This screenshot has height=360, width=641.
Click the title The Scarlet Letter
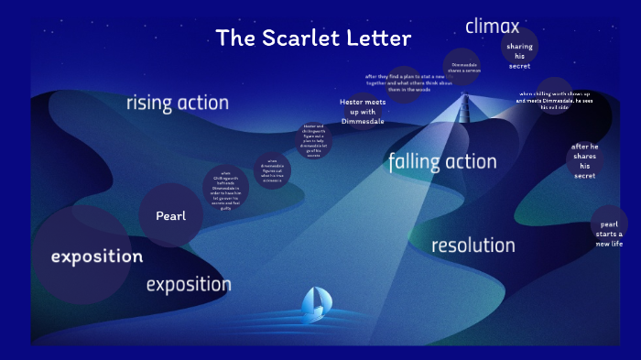[x=313, y=38]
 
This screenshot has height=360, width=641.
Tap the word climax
[x=492, y=26]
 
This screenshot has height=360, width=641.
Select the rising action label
[x=177, y=103]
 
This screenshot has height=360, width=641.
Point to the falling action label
[x=442, y=162]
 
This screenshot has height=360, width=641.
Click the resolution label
[x=473, y=245]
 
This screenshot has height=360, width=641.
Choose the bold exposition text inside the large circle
[x=97, y=256]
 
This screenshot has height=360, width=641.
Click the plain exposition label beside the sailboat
[x=189, y=284]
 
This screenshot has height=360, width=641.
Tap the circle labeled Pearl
[x=170, y=216]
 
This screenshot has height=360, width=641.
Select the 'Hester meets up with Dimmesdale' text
[x=361, y=111]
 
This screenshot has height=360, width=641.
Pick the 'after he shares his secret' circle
[x=584, y=160]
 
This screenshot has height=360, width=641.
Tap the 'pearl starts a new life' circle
[x=609, y=234]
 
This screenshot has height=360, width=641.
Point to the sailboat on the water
[x=317, y=301]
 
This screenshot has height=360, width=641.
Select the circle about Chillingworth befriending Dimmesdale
[x=225, y=188]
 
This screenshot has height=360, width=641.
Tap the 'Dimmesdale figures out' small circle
[x=272, y=171]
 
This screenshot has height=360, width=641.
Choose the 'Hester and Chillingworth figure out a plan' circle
[x=313, y=140]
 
